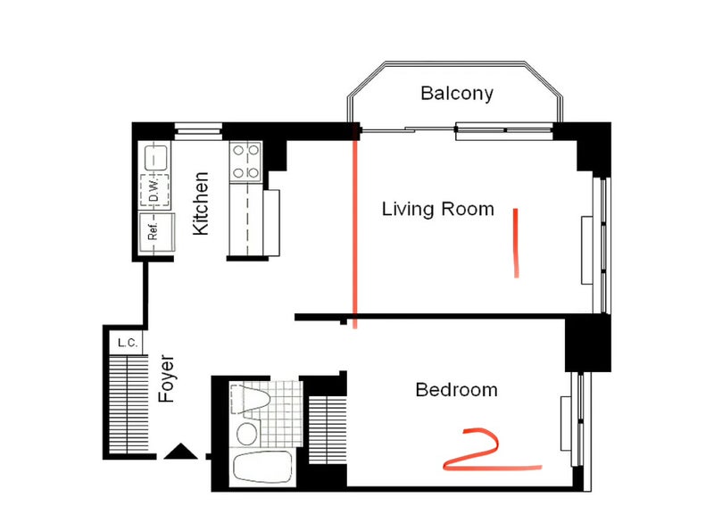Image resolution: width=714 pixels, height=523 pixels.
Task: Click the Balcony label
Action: click(457, 94)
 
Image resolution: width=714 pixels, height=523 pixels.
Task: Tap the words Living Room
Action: click(437, 209)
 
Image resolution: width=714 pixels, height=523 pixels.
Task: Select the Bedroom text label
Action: click(456, 390)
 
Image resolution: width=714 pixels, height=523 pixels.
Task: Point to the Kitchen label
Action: click(201, 203)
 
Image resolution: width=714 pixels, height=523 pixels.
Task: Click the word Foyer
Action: click(166, 378)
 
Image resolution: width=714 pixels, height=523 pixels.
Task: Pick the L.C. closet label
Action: click(128, 343)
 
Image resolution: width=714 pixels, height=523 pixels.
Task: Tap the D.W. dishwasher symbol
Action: click(154, 190)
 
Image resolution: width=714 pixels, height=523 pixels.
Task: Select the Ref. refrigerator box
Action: click(157, 232)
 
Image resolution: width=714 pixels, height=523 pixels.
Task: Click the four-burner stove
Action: click(246, 162)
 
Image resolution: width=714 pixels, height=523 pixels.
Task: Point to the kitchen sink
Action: click(155, 157)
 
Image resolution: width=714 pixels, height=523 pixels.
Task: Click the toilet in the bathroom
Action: click(250, 399)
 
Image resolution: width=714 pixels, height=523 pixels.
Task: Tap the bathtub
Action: click(262, 468)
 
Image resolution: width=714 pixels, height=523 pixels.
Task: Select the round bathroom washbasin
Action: click(247, 434)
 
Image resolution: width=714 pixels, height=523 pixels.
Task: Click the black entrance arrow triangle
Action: click(180, 451)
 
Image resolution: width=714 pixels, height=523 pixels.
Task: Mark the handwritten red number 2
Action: click(493, 449)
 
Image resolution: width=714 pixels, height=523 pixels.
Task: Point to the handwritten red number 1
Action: click(516, 243)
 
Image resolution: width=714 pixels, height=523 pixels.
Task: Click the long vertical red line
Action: click(354, 233)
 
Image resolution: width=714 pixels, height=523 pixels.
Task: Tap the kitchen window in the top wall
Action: click(198, 130)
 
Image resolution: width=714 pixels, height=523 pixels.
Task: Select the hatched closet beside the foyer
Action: click(129, 404)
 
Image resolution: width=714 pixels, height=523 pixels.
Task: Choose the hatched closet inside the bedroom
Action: click(328, 430)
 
